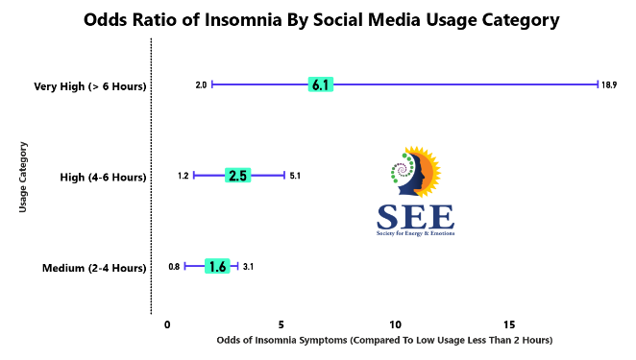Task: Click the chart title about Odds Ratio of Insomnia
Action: coord(322,20)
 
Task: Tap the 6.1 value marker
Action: coord(320,84)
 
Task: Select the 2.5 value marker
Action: coord(237,176)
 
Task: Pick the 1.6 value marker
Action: coord(217,266)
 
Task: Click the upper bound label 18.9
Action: coord(609,85)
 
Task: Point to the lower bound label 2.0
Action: coord(201,85)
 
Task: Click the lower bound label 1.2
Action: coord(183,176)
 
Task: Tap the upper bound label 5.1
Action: coord(295,176)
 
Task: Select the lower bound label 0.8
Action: coord(174,266)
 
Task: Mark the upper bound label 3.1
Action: coord(248,266)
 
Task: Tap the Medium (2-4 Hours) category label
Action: coord(94,268)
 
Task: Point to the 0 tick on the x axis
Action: coord(167,324)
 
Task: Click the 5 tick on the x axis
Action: coord(281,324)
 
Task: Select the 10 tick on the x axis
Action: coord(395,324)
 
